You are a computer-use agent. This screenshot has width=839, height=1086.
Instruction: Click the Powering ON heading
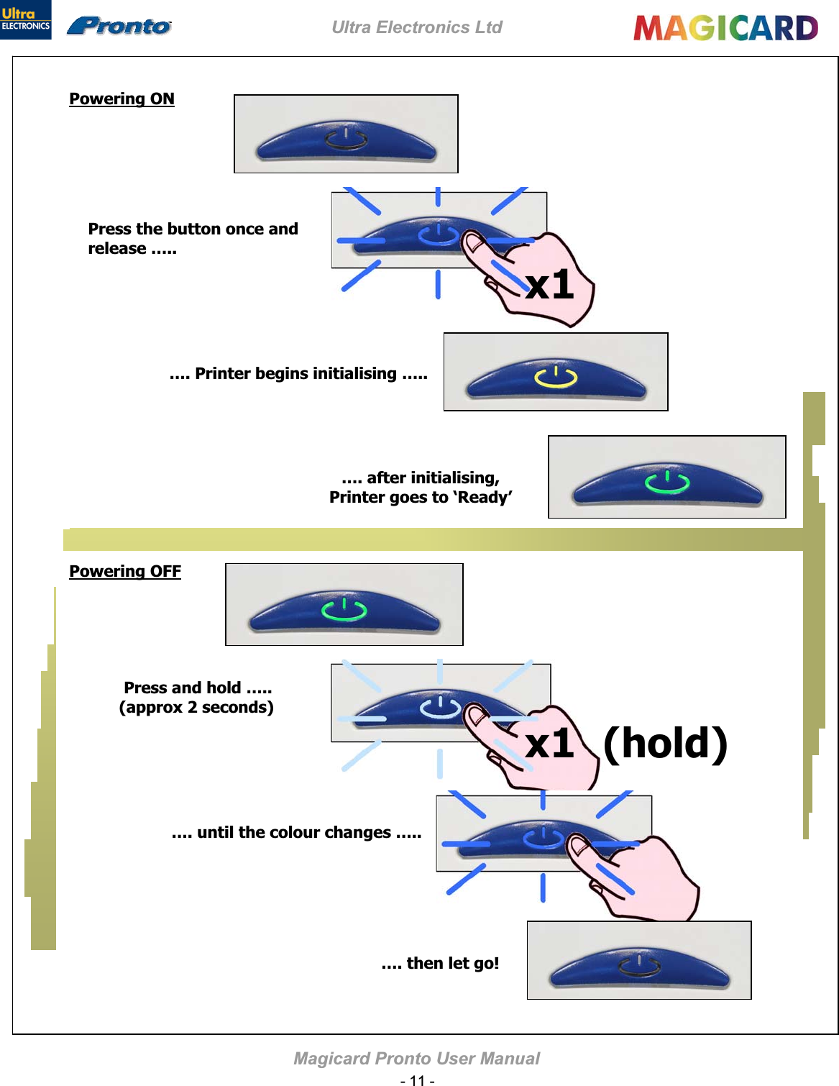pos(122,99)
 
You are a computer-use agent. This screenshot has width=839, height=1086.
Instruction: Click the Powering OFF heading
pos(125,571)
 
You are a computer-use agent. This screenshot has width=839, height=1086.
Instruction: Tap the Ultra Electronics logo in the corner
pos(25,19)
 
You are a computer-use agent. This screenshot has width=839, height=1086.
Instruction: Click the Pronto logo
pos(119,27)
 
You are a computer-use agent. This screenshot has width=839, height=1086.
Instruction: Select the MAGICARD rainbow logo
pos(725,28)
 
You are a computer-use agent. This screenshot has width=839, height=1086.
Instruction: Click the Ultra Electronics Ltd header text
pos(417,27)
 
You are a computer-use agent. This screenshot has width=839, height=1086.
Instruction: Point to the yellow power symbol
pos(556,376)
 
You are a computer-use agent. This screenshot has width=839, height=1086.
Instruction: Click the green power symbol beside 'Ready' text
pos(667,482)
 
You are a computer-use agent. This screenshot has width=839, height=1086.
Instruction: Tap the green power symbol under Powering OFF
pos(344,609)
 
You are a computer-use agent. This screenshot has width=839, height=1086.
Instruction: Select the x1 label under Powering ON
pos(550,285)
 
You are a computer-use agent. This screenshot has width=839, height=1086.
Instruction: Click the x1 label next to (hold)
pos(550,743)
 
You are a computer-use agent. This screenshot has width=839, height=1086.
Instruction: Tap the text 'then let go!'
pos(440,963)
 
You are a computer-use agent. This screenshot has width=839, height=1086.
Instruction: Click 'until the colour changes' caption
pos(297,832)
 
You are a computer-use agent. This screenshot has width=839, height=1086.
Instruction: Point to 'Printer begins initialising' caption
pos(298,373)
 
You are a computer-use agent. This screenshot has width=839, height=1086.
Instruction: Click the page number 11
pos(417,1080)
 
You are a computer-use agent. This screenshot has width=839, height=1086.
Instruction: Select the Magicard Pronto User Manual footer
pos(417,1058)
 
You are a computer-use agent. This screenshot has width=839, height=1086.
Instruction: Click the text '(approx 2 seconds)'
pos(196,707)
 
